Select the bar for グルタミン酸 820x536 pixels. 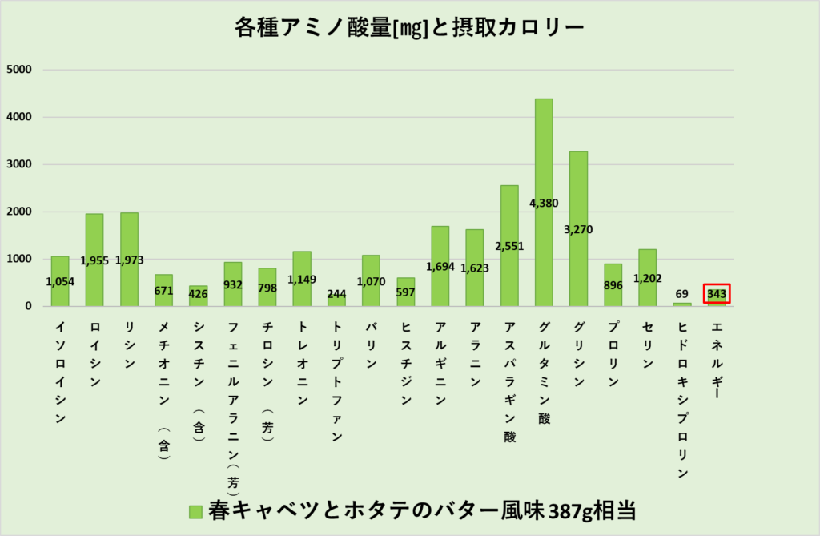click(x=544, y=160)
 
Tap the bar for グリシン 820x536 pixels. click(x=578, y=192)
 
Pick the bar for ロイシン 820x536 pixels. click(x=94, y=240)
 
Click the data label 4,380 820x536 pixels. click(x=544, y=203)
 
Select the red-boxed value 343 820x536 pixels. click(x=717, y=295)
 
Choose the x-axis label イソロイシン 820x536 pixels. click(x=60, y=373)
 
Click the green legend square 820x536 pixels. click(x=195, y=511)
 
